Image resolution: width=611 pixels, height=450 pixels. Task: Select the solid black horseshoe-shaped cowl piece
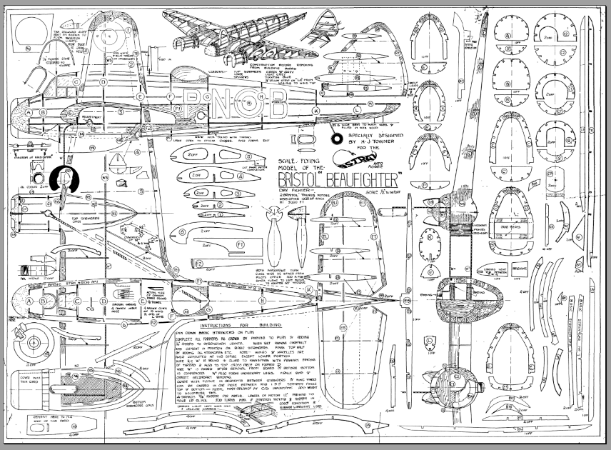coord(62,179)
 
